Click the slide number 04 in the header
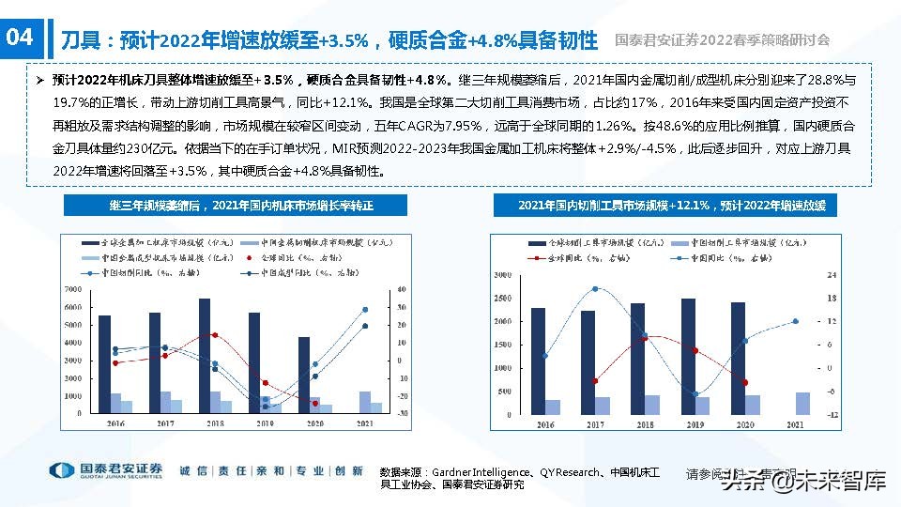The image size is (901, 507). point(20,38)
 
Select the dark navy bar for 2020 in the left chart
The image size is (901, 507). point(304,375)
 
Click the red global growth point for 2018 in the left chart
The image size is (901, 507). point(215,335)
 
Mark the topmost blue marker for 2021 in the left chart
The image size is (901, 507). point(365,309)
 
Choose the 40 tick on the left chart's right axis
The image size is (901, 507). point(403,289)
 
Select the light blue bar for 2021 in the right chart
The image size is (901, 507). point(802,403)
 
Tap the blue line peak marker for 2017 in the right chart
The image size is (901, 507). point(594,289)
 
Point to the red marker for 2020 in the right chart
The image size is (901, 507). point(745,382)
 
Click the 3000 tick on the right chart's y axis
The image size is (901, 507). point(501,275)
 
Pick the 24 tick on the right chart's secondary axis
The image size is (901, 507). point(831,275)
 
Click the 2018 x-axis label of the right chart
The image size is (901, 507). point(646,425)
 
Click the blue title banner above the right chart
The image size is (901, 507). point(671,206)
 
